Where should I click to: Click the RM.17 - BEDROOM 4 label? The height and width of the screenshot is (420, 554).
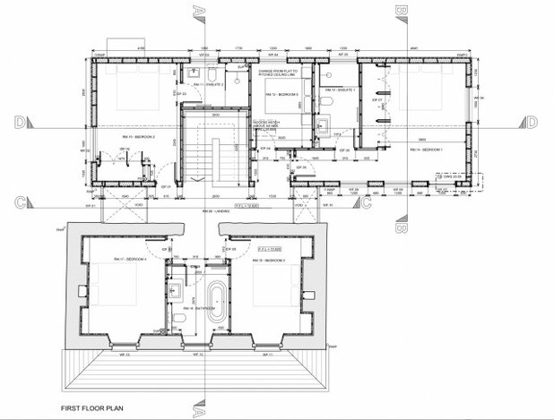tap(123, 257)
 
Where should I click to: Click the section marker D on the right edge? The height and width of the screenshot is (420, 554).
tap(532, 122)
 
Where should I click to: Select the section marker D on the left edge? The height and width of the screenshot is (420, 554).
tap(19, 122)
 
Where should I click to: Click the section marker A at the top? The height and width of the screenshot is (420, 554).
tap(199, 11)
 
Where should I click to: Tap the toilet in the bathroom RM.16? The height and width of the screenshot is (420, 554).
tap(179, 320)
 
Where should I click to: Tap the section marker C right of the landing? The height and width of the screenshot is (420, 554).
tap(365, 206)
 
